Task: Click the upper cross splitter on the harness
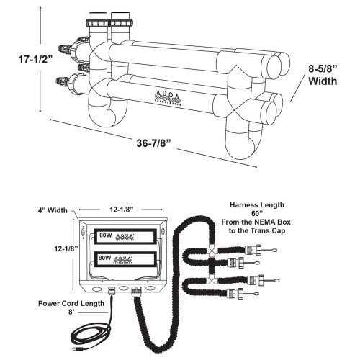(213, 252)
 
